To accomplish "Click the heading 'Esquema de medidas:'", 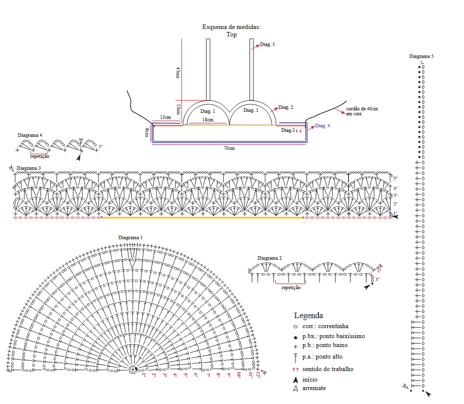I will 231,27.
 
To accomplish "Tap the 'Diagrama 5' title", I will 421,56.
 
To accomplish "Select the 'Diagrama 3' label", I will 28,168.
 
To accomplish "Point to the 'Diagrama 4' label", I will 30,135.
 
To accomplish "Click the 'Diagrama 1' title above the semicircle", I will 130,237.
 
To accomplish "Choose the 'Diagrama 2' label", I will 269,258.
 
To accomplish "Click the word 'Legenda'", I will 308,316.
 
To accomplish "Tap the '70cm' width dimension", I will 229,148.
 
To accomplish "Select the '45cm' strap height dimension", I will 177,72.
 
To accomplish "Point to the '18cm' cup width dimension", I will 207,120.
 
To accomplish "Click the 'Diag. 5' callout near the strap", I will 267,44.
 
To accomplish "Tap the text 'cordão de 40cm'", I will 362,109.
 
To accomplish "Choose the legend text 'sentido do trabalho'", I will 328,369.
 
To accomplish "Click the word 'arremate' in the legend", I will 313,388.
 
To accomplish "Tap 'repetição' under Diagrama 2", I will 290,288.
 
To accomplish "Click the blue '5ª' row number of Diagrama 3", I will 395,178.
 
